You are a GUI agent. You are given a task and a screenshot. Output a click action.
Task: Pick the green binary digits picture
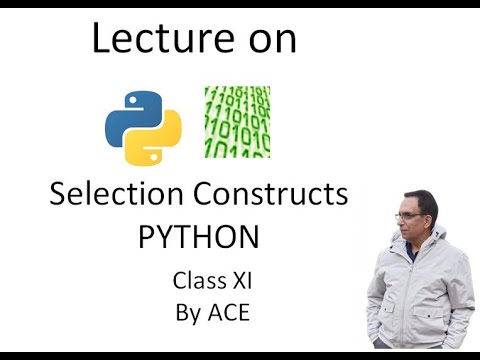tap(237, 122)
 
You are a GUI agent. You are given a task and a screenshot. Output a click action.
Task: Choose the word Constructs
tap(273, 194)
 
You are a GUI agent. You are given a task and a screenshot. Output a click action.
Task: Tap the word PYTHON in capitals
tap(199, 238)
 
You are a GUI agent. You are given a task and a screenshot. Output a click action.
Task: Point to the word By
tap(188, 312)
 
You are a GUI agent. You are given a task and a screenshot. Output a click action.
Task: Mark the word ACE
tap(228, 312)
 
